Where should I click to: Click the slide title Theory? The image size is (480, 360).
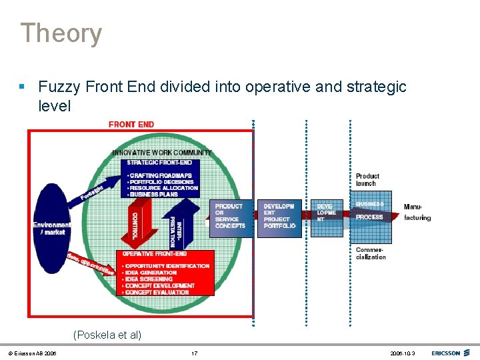click(x=61, y=33)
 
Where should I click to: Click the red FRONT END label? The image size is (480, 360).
click(x=131, y=124)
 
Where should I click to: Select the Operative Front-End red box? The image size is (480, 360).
click(x=165, y=273)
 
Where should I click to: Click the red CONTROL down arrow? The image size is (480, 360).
click(x=136, y=223)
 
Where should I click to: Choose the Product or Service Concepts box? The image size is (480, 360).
click(x=231, y=217)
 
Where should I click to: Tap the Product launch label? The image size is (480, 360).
click(x=367, y=180)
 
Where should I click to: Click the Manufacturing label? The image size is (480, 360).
click(x=417, y=212)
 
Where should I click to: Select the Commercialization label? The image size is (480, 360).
click(x=371, y=253)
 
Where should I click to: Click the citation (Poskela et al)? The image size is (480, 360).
click(x=107, y=335)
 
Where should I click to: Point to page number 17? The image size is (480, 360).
click(x=194, y=353)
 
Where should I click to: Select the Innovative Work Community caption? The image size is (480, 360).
click(x=162, y=153)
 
